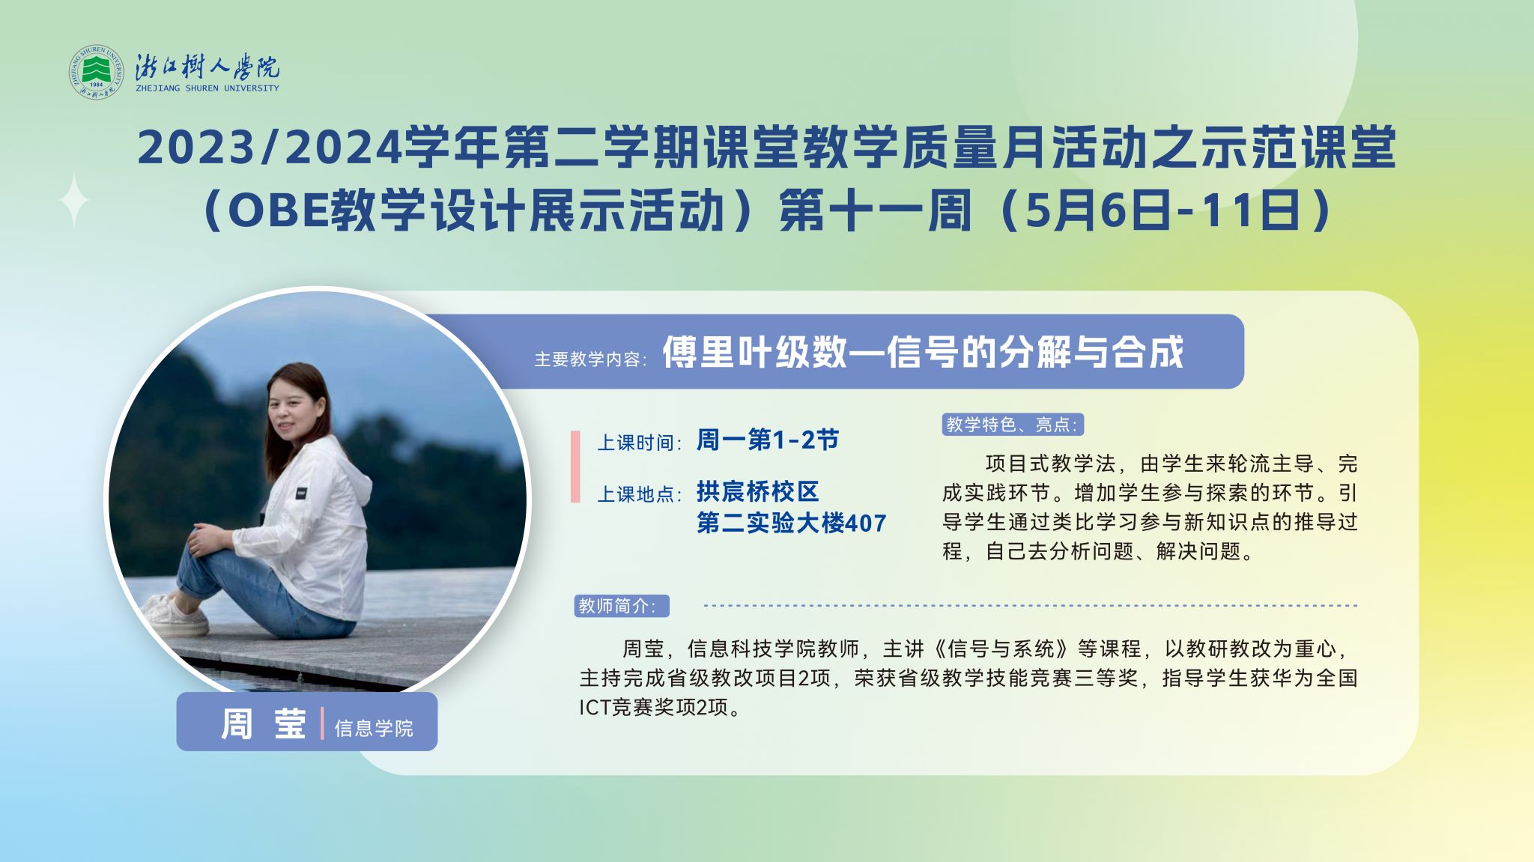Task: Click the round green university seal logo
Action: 96,73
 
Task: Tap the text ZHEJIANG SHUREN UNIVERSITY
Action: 207,88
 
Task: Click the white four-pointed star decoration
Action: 74,199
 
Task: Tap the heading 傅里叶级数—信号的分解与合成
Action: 923,352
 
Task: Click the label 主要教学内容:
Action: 591,359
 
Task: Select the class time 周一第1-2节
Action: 768,440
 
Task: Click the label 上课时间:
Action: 639,443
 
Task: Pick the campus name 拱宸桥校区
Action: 758,491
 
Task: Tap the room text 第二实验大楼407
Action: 792,523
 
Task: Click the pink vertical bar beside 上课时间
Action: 575,467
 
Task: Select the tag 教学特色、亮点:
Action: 1013,425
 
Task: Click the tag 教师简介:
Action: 622,606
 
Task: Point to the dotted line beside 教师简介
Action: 1031,605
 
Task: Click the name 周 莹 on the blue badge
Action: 263,724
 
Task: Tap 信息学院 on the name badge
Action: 374,728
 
